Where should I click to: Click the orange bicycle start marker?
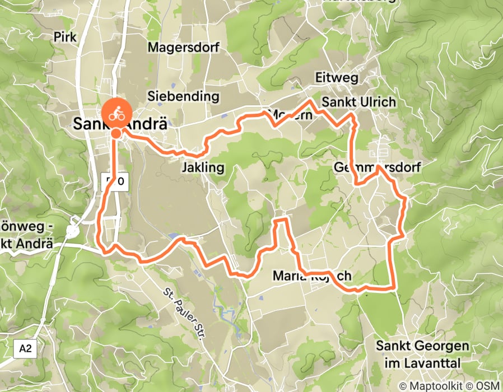(116, 112)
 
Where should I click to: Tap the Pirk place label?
(65, 37)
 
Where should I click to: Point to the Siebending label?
(183, 96)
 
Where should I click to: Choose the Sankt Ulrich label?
(358, 102)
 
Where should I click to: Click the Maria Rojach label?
(311, 276)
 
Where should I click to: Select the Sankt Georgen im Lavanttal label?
(422, 354)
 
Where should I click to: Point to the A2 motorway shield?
(25, 349)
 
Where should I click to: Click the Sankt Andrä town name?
(120, 124)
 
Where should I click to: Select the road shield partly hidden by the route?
(115, 181)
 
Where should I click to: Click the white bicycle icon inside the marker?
(116, 111)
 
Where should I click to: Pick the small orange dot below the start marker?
(115, 133)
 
